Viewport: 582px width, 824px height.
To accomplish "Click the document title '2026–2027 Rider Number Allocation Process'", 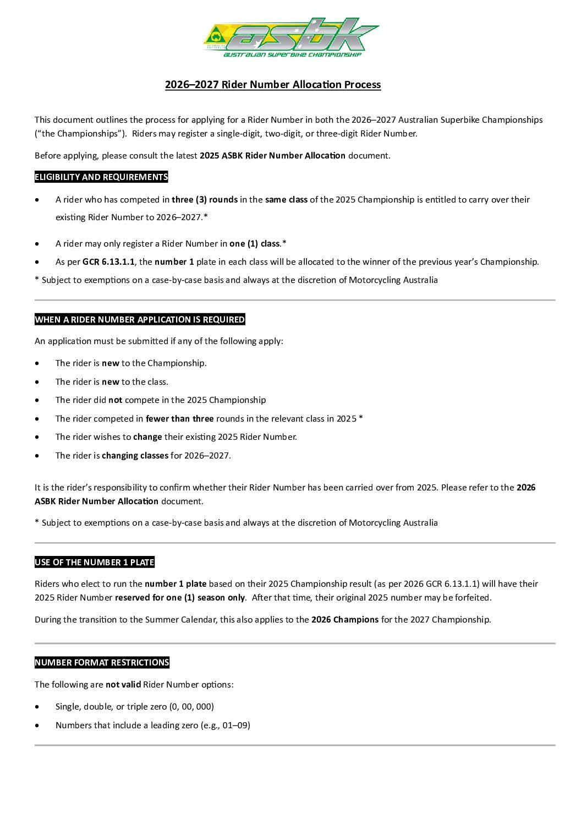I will point(273,85).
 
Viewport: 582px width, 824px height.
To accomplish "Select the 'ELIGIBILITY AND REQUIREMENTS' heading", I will point(101,177).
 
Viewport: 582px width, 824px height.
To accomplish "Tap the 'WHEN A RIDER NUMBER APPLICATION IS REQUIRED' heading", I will point(140,320).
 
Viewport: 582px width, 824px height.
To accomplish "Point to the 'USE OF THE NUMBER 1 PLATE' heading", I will point(95,563).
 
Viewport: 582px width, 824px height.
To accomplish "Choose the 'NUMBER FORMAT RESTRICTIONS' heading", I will point(102,663).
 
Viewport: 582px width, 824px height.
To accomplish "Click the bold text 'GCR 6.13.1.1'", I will point(108,262).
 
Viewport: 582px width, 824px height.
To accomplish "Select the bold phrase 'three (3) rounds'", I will point(205,200).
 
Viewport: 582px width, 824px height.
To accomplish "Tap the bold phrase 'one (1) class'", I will point(255,244).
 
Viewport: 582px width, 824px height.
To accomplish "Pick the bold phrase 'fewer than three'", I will point(179,419).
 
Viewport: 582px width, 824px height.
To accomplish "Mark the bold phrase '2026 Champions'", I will point(345,620).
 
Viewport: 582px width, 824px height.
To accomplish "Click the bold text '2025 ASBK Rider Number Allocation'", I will point(272,156).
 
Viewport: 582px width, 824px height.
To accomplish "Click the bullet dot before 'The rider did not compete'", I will point(37,400).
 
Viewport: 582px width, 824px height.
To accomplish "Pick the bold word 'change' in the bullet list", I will point(147,437).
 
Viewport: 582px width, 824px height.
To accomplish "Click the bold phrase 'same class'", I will point(286,200).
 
